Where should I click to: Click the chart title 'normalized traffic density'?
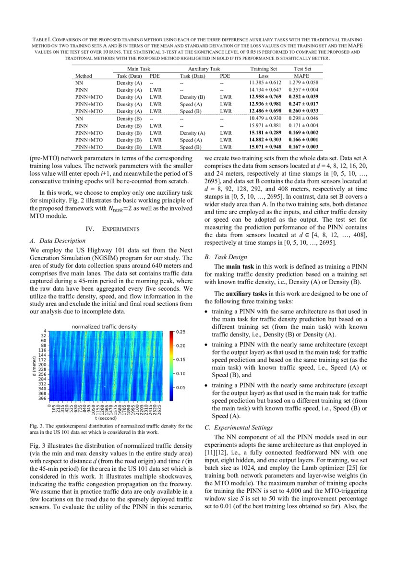click(108, 326)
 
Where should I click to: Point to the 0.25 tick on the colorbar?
click(180, 332)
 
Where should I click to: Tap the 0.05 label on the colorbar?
click(180, 387)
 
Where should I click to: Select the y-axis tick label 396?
click(42, 398)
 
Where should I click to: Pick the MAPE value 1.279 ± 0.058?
click(303, 83)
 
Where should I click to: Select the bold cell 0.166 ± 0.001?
click(303, 139)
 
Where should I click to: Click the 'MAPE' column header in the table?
click(303, 76)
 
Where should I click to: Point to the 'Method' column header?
click(84, 76)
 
